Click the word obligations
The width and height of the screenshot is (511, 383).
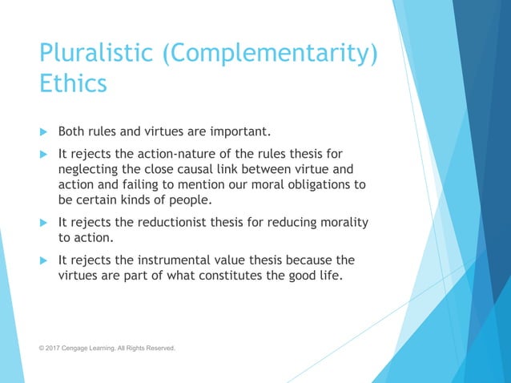click(320, 184)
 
